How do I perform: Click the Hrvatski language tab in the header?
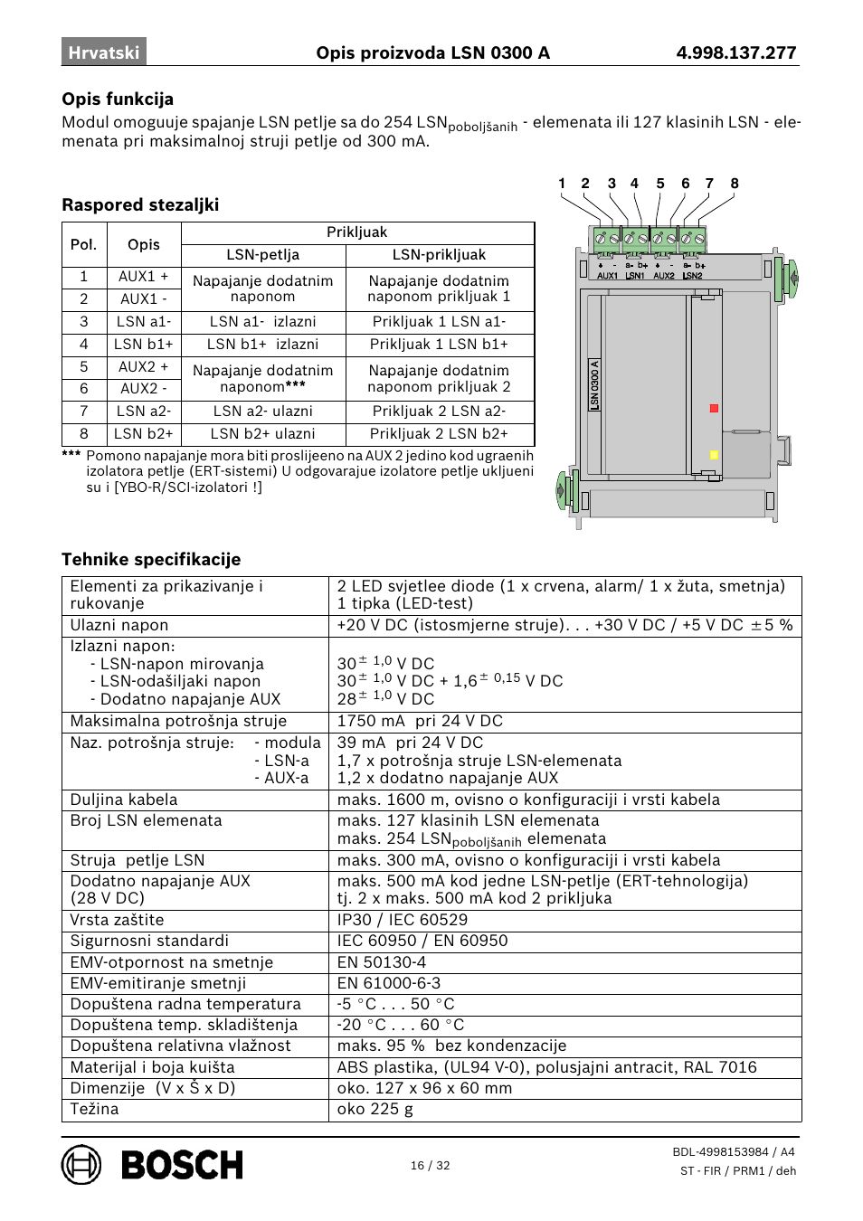[x=104, y=52]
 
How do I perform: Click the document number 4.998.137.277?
[x=735, y=52]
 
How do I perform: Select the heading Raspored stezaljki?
[x=140, y=204]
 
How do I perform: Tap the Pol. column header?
[x=83, y=244]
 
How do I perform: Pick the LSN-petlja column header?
[x=262, y=255]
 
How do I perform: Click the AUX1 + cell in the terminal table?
[x=143, y=277]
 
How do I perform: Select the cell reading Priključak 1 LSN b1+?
[x=439, y=344]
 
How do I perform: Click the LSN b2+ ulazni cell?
[x=262, y=433]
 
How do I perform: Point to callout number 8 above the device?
[x=735, y=184]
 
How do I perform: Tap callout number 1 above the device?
[x=562, y=184]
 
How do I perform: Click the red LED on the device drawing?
[x=714, y=409]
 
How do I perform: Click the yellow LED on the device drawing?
[x=714, y=455]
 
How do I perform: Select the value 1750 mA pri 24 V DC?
[x=420, y=721]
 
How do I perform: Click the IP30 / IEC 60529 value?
[x=403, y=920]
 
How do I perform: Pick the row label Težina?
[x=94, y=1109]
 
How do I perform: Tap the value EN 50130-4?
[x=381, y=962]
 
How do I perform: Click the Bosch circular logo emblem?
[x=81, y=1164]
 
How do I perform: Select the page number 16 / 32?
[x=430, y=1165]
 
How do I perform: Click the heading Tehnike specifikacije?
[x=151, y=559]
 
